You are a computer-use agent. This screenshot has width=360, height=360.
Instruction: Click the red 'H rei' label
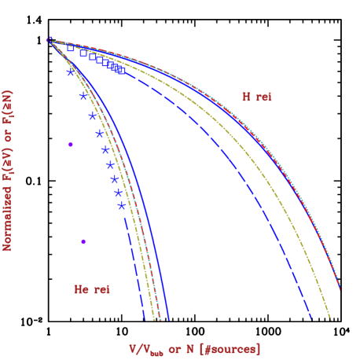[x=257, y=97]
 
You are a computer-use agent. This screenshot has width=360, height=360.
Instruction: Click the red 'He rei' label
[x=92, y=289]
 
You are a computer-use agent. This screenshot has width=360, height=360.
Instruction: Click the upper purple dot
[x=71, y=145]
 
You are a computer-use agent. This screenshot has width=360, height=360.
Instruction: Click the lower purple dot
[x=83, y=241]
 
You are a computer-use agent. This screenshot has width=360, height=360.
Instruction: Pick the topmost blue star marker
[x=70, y=72]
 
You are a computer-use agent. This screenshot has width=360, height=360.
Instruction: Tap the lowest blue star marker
[x=121, y=206]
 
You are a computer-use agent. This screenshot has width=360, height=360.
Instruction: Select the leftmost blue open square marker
[x=71, y=48]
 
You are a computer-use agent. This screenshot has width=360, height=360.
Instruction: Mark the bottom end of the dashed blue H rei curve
[x=312, y=319]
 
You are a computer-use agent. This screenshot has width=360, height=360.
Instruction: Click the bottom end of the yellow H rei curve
[x=331, y=319]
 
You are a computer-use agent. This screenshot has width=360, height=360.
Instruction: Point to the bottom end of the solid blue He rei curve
[x=168, y=320]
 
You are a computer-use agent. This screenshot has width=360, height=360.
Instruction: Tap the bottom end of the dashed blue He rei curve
[x=145, y=320]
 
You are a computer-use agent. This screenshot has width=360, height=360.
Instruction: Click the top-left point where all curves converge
[x=50, y=39]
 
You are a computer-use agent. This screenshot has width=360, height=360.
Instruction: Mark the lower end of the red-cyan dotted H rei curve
[x=340, y=288]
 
